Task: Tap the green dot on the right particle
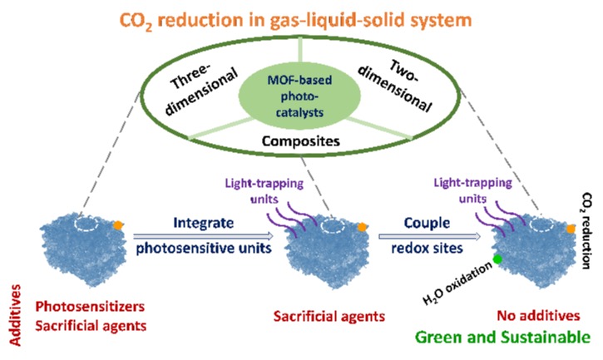click(x=497, y=260)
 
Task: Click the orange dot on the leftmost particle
click(x=119, y=224)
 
